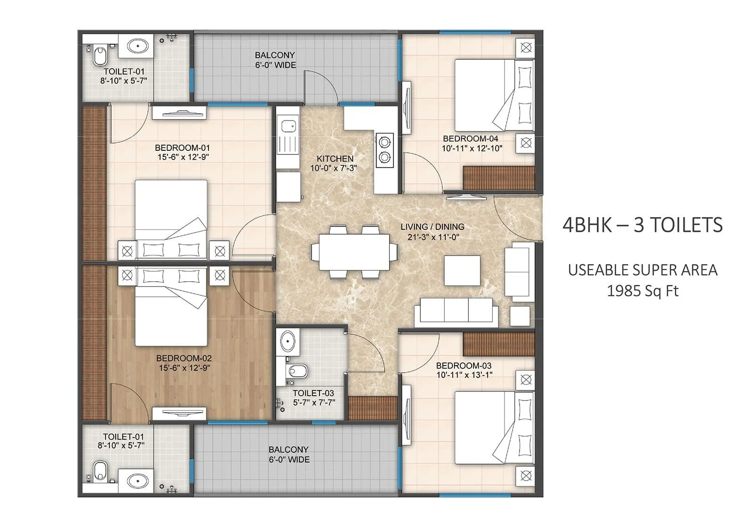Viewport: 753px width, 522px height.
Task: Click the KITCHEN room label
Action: pos(335,159)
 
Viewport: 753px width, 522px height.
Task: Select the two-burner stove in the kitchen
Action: pos(385,149)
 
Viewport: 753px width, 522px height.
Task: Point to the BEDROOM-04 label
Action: pos(470,139)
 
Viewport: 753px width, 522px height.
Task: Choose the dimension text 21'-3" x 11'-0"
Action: pos(433,237)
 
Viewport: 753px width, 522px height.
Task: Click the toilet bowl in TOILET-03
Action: pos(298,371)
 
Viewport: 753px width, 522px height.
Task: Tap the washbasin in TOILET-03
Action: pos(288,341)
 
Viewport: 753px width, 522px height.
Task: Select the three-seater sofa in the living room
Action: pos(456,312)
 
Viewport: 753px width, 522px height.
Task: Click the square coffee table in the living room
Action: pos(462,270)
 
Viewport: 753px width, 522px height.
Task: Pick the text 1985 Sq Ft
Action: pos(642,291)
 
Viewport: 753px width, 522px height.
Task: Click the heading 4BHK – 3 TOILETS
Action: pos(642,225)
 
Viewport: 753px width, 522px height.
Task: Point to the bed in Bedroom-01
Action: pos(171,219)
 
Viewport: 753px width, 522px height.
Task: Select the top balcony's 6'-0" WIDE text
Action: pos(275,65)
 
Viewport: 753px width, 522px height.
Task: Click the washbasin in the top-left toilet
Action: pos(137,46)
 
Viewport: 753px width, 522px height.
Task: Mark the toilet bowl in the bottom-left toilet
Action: pos(100,471)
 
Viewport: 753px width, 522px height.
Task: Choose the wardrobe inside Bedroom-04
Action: pos(499,178)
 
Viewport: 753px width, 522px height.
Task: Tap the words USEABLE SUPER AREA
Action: pos(642,270)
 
